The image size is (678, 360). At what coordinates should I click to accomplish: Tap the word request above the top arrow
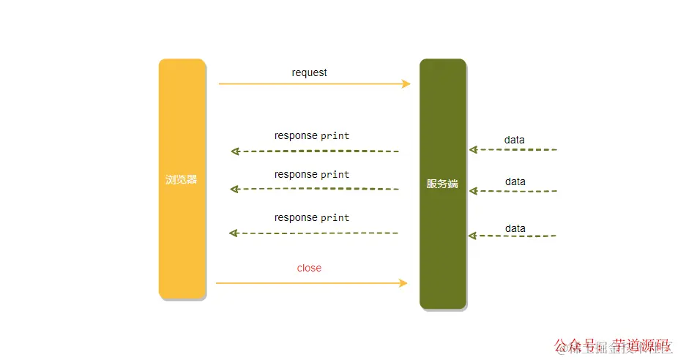[x=309, y=72]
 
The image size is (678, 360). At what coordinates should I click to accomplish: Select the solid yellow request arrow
[x=315, y=84]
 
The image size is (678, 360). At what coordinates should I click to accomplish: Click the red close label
[x=309, y=268]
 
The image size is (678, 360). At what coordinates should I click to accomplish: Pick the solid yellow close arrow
[x=311, y=283]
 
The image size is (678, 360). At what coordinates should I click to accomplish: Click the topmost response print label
[x=312, y=135]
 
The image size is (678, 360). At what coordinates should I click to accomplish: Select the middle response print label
[x=312, y=174]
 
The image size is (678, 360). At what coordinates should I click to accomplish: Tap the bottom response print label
[x=312, y=217]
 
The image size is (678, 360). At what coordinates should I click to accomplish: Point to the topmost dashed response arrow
[x=315, y=151]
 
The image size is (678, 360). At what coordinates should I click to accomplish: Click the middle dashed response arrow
[x=315, y=189]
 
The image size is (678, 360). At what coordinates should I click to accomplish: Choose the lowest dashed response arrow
[x=315, y=233]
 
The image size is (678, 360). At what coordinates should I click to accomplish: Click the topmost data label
[x=514, y=140]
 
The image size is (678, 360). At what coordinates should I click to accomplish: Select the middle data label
[x=515, y=181]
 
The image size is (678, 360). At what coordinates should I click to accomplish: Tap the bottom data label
[x=515, y=228]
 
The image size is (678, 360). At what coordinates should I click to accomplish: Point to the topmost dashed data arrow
[x=513, y=150]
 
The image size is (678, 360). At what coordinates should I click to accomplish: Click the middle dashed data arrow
[x=513, y=191]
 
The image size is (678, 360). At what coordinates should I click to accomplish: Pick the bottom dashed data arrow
[x=513, y=236]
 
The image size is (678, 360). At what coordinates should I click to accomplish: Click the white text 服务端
[x=442, y=184]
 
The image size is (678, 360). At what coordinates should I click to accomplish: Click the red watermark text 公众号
[x=575, y=345]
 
